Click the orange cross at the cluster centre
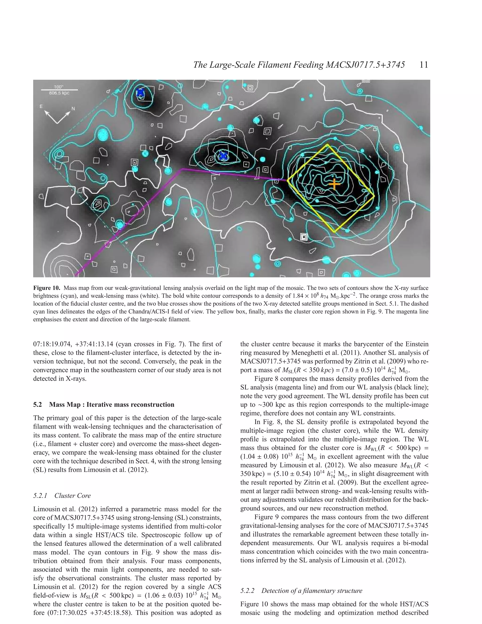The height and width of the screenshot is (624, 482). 334,184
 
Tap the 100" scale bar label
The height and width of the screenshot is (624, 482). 59,87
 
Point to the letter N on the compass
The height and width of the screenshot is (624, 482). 73,109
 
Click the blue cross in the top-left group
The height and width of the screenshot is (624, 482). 140,93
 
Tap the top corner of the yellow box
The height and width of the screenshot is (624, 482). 328,145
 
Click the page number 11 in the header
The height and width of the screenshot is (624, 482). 424,65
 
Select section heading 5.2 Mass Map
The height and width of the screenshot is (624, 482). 103,405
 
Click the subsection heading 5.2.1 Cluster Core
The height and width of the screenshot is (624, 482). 62,496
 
